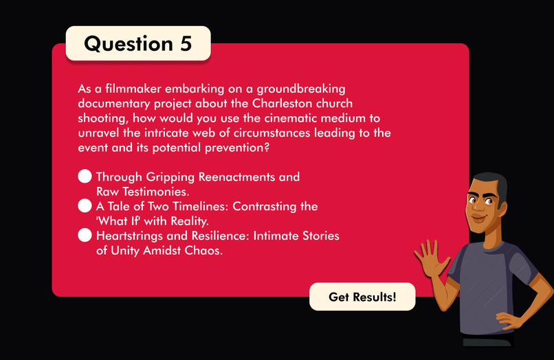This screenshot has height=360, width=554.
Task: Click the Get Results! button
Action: [x=362, y=297]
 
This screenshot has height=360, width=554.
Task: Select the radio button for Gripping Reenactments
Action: [x=85, y=177]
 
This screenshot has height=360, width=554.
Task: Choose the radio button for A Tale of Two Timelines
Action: [x=85, y=205]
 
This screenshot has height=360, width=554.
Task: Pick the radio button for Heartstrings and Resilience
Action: [x=85, y=236]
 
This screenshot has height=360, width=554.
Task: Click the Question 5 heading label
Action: [x=137, y=43]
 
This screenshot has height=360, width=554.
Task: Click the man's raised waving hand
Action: [x=430, y=258]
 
